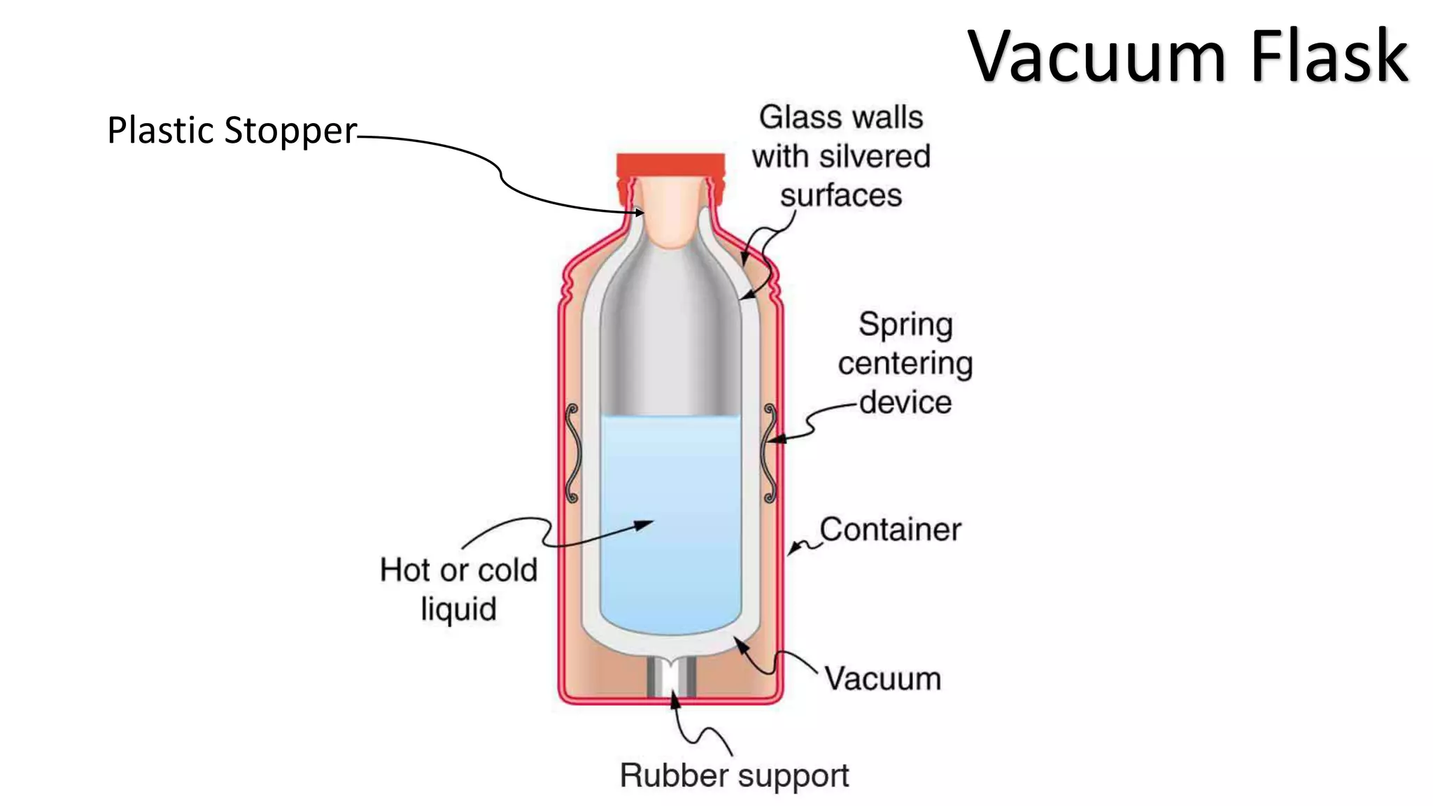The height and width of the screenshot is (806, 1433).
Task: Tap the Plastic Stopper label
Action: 232,131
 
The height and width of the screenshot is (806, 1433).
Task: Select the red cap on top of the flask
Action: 670,165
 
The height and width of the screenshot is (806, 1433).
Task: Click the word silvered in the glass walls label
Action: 875,156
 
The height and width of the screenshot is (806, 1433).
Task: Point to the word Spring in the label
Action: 905,325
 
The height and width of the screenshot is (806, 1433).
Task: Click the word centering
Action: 905,364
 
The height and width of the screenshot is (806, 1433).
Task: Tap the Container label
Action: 890,530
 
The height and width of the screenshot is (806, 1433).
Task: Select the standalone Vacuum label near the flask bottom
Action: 882,679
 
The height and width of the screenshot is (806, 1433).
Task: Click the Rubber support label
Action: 734,775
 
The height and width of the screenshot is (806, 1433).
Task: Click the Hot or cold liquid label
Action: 458,588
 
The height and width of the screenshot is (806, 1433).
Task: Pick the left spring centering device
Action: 572,453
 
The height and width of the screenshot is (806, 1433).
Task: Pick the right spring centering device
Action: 770,453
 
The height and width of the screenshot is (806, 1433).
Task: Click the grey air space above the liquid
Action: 670,336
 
